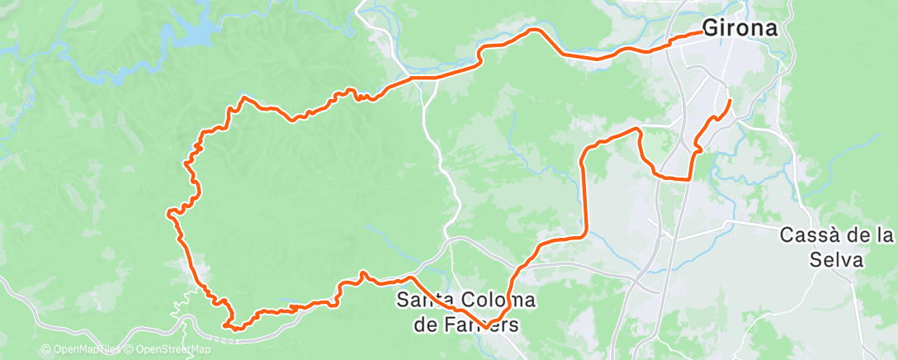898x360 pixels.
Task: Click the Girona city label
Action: coord(740,28)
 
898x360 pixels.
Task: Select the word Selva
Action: coord(835,261)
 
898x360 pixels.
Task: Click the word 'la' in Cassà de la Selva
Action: coord(884,236)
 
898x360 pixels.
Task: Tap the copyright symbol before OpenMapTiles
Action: coord(45,350)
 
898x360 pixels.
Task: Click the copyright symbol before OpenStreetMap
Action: coord(130,350)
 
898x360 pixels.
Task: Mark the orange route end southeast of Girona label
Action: coord(730,101)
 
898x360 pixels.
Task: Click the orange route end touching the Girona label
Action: coord(700,34)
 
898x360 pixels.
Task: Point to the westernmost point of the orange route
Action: coord(169,214)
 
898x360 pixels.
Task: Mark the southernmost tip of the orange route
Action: coord(234,329)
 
